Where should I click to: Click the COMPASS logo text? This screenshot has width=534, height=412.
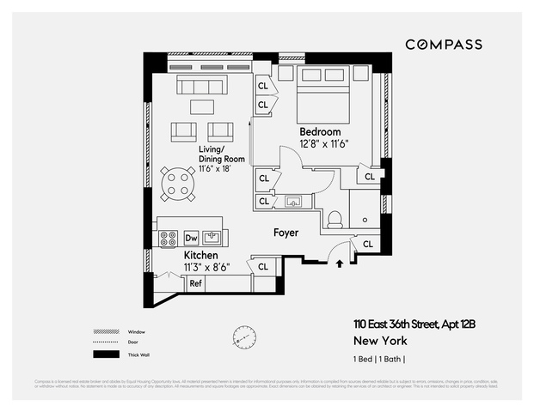coord(443,45)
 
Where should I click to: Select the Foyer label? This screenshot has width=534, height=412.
coord(285,233)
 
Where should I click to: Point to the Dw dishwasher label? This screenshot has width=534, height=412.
coord(192,238)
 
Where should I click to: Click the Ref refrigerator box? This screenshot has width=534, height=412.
coord(195,283)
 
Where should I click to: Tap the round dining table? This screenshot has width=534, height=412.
coord(179,183)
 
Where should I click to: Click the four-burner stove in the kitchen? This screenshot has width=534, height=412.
coord(167,238)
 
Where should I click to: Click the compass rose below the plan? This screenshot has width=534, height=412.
coord(244,337)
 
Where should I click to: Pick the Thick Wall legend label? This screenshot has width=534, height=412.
coord(139,354)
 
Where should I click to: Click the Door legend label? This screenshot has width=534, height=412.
coord(133,343)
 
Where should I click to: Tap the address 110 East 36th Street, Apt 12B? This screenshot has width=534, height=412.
coord(412,324)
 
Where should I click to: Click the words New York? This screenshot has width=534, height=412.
coord(375,340)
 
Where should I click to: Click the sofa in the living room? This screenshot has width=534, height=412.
coord(202,85)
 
